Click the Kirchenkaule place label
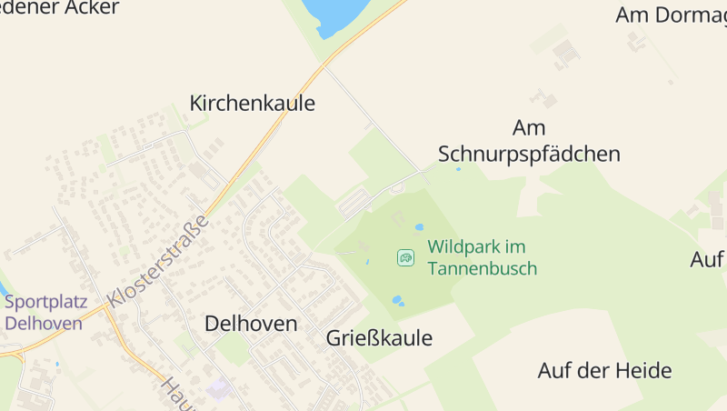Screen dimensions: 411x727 tap(252, 104)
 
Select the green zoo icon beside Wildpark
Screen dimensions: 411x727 tap(405, 258)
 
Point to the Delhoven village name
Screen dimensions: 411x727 tap(251, 324)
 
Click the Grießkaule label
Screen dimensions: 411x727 tap(379, 339)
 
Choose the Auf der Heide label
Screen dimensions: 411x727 tap(604, 371)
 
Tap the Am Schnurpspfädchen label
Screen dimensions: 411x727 tap(529, 141)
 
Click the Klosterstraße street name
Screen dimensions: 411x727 tap(158, 260)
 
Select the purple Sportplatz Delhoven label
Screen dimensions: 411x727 tap(45, 313)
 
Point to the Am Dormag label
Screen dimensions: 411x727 tap(671, 15)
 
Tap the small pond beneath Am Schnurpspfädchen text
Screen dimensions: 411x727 tap(458, 169)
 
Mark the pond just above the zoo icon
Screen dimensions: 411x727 tap(419, 227)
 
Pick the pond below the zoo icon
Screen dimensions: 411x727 tap(397, 299)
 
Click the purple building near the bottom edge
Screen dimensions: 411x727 tap(217, 389)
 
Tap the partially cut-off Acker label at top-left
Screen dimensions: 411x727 tap(59, 8)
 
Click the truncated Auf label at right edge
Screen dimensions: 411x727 tap(707, 259)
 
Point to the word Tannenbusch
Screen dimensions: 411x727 tap(482, 268)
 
